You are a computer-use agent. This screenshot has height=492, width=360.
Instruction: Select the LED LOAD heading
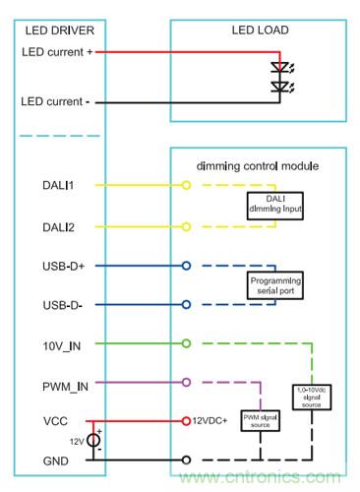point(261,31)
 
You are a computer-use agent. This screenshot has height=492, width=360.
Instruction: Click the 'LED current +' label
point(56,51)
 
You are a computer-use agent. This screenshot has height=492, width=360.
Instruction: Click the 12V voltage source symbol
point(94,441)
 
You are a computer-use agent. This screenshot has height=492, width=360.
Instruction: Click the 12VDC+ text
point(210,421)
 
